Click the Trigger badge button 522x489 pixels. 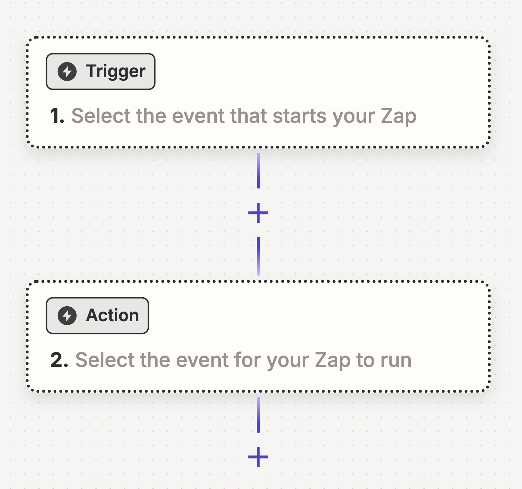click(100, 71)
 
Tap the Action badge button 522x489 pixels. click(97, 316)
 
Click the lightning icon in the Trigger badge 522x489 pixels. click(67, 71)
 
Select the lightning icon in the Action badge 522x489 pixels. click(67, 316)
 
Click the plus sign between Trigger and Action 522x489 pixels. click(258, 213)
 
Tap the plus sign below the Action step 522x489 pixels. click(258, 457)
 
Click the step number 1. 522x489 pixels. click(57, 116)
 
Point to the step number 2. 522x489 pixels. click(59, 360)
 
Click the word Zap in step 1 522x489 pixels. click(398, 116)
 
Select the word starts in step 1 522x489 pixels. click(299, 116)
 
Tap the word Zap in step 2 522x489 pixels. click(333, 360)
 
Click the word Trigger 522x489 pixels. click(116, 71)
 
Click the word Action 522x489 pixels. click(112, 316)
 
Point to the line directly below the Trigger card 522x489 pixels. click(258, 171)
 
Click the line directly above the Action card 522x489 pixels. click(258, 256)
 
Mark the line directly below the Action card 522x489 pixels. click(258, 414)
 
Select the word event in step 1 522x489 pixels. click(198, 116)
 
